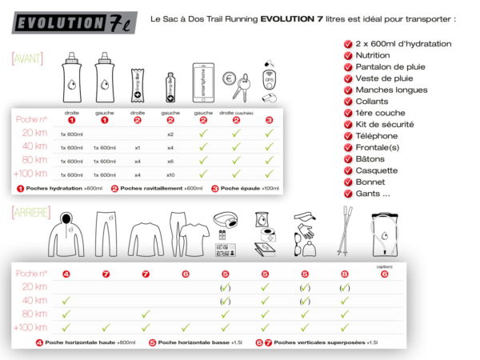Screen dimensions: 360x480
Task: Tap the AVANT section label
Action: (26, 59)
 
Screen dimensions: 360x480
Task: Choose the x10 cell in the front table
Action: (170, 174)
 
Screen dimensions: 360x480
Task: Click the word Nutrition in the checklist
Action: (373, 56)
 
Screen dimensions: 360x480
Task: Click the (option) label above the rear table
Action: (386, 266)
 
